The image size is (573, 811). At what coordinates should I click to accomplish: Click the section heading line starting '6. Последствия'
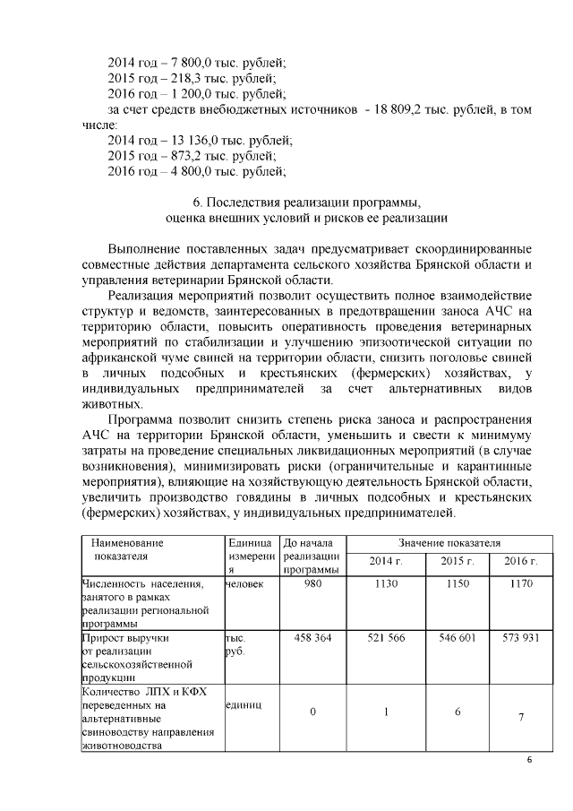[306, 202]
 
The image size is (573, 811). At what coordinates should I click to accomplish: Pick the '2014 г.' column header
[386, 561]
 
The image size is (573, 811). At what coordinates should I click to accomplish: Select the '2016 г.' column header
[520, 561]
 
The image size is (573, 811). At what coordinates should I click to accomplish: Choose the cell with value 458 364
[312, 638]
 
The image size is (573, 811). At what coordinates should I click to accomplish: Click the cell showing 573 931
[520, 638]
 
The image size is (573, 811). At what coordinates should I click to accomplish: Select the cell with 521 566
[386, 638]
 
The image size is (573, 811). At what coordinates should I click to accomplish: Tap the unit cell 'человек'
[244, 583]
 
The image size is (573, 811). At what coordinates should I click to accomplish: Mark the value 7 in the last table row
[520, 715]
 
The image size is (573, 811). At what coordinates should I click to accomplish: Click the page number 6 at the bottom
[528, 761]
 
